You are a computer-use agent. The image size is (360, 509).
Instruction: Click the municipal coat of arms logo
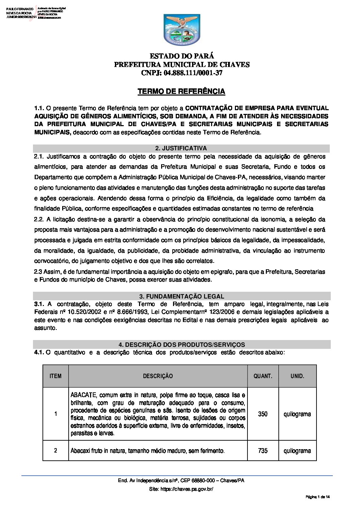click(x=182, y=30)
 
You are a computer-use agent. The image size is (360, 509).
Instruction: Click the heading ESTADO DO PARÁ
click(x=182, y=56)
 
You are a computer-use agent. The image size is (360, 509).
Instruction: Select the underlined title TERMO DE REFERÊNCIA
click(x=181, y=91)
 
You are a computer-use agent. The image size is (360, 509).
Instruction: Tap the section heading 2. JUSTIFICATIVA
click(x=181, y=148)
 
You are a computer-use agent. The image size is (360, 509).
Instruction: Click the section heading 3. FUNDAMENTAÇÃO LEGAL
click(x=182, y=296)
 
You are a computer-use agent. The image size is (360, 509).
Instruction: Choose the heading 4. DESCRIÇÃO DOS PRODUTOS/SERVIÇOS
click(x=182, y=344)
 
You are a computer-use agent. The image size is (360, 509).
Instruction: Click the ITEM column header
click(x=55, y=376)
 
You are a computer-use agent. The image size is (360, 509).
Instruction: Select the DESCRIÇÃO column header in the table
click(x=158, y=376)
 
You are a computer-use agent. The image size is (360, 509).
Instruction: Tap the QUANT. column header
click(x=263, y=376)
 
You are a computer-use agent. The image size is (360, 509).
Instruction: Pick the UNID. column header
click(x=297, y=376)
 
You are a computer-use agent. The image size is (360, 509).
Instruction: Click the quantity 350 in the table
click(x=263, y=414)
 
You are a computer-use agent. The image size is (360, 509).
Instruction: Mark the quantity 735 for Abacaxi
click(x=263, y=451)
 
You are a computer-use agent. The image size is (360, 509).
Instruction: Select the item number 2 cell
click(x=55, y=451)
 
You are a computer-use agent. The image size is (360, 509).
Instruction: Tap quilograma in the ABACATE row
click(x=297, y=414)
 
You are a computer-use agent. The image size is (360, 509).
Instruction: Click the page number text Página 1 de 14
click(x=318, y=497)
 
